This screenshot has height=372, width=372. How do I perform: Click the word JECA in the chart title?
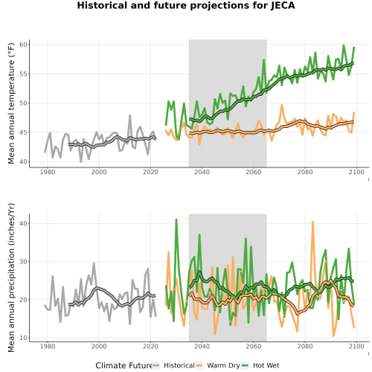point(283,5)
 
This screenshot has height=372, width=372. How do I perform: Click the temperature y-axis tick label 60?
point(23,45)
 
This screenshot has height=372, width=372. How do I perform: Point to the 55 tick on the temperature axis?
point(23,74)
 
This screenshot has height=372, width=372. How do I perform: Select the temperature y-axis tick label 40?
point(23,161)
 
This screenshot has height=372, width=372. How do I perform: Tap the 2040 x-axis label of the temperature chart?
point(202,172)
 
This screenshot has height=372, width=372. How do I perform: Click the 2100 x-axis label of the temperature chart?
point(356,172)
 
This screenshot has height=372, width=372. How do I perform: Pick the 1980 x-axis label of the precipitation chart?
point(48,346)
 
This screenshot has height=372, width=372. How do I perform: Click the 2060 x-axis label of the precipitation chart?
point(254,346)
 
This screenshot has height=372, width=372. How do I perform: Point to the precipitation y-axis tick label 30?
point(23,262)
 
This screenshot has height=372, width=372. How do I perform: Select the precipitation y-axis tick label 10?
point(23,338)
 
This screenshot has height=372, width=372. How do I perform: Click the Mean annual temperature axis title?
point(11,103)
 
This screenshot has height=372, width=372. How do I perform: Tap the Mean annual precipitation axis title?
point(11,278)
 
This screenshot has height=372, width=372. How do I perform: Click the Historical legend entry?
point(173,365)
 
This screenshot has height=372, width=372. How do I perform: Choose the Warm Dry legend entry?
point(217,365)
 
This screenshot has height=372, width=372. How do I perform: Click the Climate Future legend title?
point(124,365)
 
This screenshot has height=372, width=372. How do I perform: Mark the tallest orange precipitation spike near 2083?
point(312,222)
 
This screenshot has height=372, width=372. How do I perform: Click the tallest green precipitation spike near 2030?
point(176,219)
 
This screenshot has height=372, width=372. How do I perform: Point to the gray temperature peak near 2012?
point(130,115)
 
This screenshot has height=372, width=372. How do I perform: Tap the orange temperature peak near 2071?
point(282,105)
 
